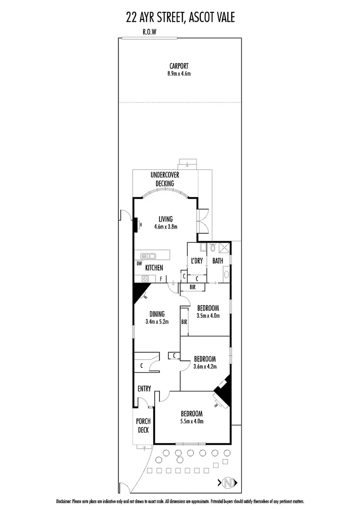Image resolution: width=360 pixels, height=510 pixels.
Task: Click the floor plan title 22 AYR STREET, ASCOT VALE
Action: point(180,18)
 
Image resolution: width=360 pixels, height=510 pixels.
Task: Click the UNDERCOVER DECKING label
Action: point(165,179)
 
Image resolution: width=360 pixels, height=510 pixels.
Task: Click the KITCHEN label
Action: point(154,268)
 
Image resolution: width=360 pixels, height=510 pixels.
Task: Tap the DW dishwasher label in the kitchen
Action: point(139,263)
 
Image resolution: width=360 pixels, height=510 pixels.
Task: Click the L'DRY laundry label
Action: point(196,261)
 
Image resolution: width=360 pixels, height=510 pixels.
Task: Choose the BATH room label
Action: point(218,261)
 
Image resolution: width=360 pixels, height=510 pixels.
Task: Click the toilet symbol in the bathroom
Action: point(213,247)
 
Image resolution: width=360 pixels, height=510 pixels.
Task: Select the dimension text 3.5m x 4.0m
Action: point(209,316)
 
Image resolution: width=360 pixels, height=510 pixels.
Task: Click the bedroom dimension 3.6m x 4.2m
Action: point(205,366)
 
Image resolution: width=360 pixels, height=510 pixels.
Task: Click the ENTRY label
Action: point(144,389)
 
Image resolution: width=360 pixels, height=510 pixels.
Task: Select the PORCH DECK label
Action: point(142,425)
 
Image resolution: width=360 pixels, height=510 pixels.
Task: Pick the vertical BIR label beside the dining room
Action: point(184,322)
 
